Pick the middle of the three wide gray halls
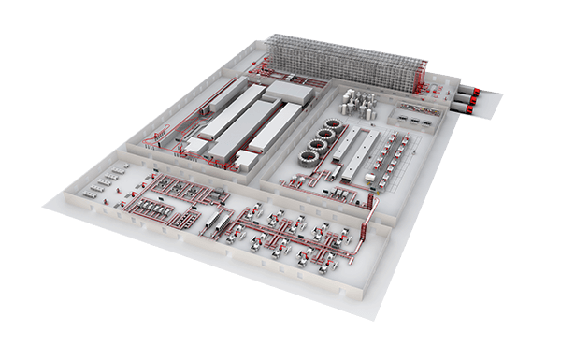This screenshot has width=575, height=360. [x=239, y=126]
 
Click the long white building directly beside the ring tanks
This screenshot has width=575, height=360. [x=347, y=154]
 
